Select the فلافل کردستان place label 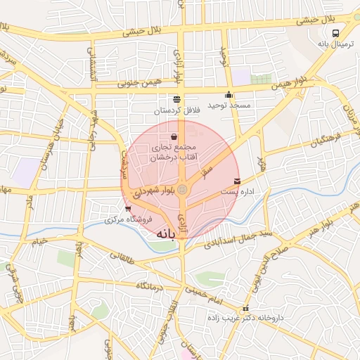click(x=178, y=110)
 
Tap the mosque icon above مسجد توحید click(x=228, y=95)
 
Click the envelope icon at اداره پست click(x=236, y=181)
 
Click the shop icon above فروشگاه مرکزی click(x=127, y=209)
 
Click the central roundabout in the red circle click(x=182, y=188)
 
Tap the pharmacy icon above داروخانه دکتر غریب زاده click(x=245, y=309)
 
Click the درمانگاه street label click(x=150, y=285)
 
